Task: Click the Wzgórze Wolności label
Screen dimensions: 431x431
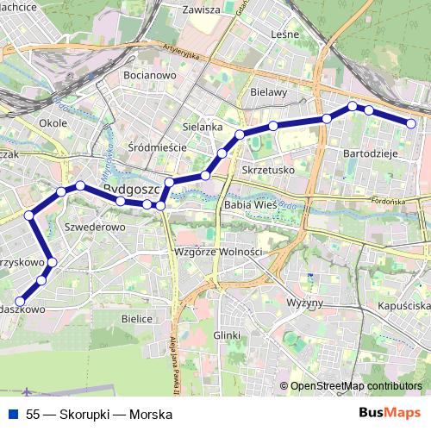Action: pos(217,252)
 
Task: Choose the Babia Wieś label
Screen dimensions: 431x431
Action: pos(249,206)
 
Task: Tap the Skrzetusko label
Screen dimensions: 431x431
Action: pos(269,170)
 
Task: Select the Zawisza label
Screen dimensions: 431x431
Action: pos(203,10)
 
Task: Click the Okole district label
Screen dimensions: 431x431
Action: pos(53,123)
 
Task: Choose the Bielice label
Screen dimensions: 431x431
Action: pos(137,318)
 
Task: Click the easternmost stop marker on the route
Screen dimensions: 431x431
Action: pos(411,124)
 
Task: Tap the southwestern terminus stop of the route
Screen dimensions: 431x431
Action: pos(21,301)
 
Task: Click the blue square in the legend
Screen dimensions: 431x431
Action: pos(14,415)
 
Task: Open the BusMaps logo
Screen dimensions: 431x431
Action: pos(390,414)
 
